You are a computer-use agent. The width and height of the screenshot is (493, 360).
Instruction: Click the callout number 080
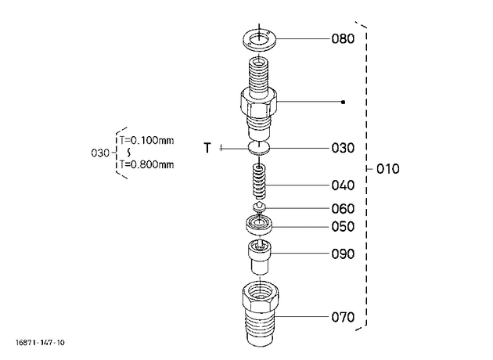pyautogui.click(x=343, y=39)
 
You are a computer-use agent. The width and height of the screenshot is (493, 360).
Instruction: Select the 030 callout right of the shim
pyautogui.click(x=343, y=148)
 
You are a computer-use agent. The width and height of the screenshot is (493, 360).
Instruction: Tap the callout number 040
pyautogui.click(x=343, y=185)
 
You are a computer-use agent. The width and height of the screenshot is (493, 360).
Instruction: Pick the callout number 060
pyautogui.click(x=343, y=208)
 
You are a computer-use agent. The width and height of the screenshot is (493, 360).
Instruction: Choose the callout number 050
pyautogui.click(x=343, y=226)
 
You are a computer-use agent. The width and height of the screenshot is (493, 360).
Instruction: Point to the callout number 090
pyautogui.click(x=343, y=254)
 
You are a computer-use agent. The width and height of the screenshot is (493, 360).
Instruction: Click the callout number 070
pyautogui.click(x=343, y=317)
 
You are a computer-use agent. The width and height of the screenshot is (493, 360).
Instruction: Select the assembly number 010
pyautogui.click(x=388, y=169)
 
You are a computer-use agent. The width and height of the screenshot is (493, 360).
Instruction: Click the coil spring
pyautogui.click(x=259, y=182)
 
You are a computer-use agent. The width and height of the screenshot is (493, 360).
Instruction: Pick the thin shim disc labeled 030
pyautogui.click(x=259, y=148)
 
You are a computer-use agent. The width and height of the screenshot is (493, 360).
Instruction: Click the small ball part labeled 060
pyautogui.click(x=259, y=207)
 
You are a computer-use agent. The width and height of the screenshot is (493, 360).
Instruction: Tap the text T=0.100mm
pyautogui.click(x=146, y=140)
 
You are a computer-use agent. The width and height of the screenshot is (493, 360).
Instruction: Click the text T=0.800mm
pyautogui.click(x=146, y=164)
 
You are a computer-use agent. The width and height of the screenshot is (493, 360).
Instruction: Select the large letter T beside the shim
pyautogui.click(x=207, y=147)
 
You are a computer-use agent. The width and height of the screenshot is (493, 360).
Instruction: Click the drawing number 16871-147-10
pyautogui.click(x=40, y=343)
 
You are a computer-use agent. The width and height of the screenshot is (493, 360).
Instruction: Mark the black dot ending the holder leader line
pyautogui.click(x=344, y=102)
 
